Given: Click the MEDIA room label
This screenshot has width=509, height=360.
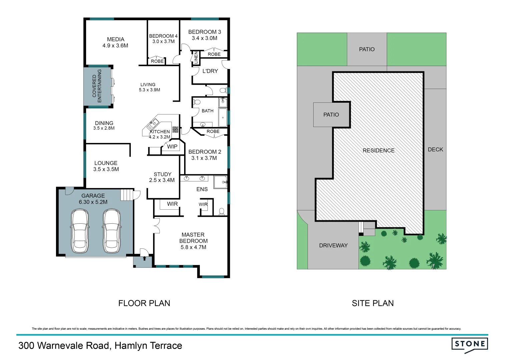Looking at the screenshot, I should pyautogui.click(x=115, y=39).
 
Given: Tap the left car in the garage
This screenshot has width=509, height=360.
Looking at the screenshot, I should pyautogui.click(x=80, y=231).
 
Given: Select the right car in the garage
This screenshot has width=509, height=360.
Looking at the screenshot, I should pyautogui.click(x=111, y=231).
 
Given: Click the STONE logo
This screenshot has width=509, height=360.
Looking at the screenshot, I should pyautogui.click(x=470, y=344).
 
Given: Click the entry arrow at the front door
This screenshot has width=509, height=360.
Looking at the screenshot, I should pyautogui.click(x=144, y=258).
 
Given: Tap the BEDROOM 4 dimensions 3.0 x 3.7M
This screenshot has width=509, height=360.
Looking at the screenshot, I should pyautogui.click(x=163, y=42).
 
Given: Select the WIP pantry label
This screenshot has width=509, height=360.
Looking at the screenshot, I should pyautogui.click(x=172, y=147).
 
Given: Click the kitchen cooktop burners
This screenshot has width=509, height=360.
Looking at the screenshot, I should pyautogui.click(x=175, y=130).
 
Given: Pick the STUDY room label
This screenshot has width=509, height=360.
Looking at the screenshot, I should pyautogui.click(x=162, y=174).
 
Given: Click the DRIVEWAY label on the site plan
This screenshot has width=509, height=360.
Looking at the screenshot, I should pyautogui.click(x=333, y=246).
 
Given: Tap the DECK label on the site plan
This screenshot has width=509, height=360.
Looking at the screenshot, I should pyautogui.click(x=435, y=150).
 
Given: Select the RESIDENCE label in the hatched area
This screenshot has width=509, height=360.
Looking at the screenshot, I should pyautogui.click(x=379, y=151).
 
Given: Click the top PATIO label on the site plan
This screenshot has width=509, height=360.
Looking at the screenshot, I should pyautogui.click(x=367, y=49).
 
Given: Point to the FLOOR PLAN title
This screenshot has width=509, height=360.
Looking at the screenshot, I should pyautogui.click(x=144, y=303).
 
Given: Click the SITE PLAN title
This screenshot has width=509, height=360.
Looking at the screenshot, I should pyautogui.click(x=373, y=303).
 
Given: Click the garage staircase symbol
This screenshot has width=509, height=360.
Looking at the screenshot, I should pyautogui.click(x=126, y=195).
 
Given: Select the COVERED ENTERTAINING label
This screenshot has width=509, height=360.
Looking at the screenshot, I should pyautogui.click(x=97, y=86).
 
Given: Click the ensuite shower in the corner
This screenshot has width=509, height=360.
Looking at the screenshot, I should pyautogui.click(x=220, y=182).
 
